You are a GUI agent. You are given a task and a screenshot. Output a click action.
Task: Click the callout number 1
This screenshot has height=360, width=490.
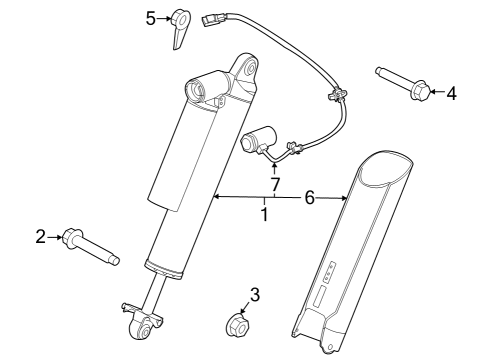264,214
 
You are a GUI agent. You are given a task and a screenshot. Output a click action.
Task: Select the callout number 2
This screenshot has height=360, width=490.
41,237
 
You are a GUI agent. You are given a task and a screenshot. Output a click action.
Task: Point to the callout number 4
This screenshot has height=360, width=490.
451,93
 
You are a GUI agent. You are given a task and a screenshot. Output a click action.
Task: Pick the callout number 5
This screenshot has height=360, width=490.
151,18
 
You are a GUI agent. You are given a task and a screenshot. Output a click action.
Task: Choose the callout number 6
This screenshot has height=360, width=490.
309,199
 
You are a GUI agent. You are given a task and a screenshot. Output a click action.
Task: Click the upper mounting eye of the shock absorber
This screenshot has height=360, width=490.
246,69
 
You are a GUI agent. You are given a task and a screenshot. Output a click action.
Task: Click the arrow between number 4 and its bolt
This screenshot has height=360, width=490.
436,93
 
